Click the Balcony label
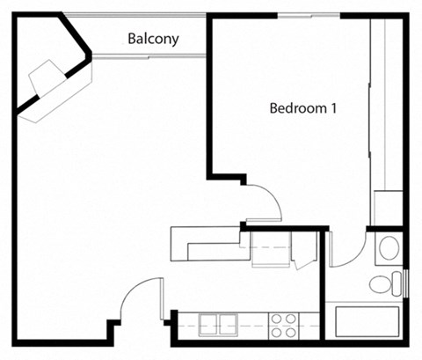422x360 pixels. (x=153, y=39)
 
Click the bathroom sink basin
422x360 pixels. (x=387, y=248)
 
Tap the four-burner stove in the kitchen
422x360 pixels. (x=283, y=325)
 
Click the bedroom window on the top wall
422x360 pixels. (x=309, y=15)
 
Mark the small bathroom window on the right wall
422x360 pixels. (x=406, y=283)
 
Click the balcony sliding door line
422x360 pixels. (x=149, y=56)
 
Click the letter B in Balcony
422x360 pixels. (x=132, y=39)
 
